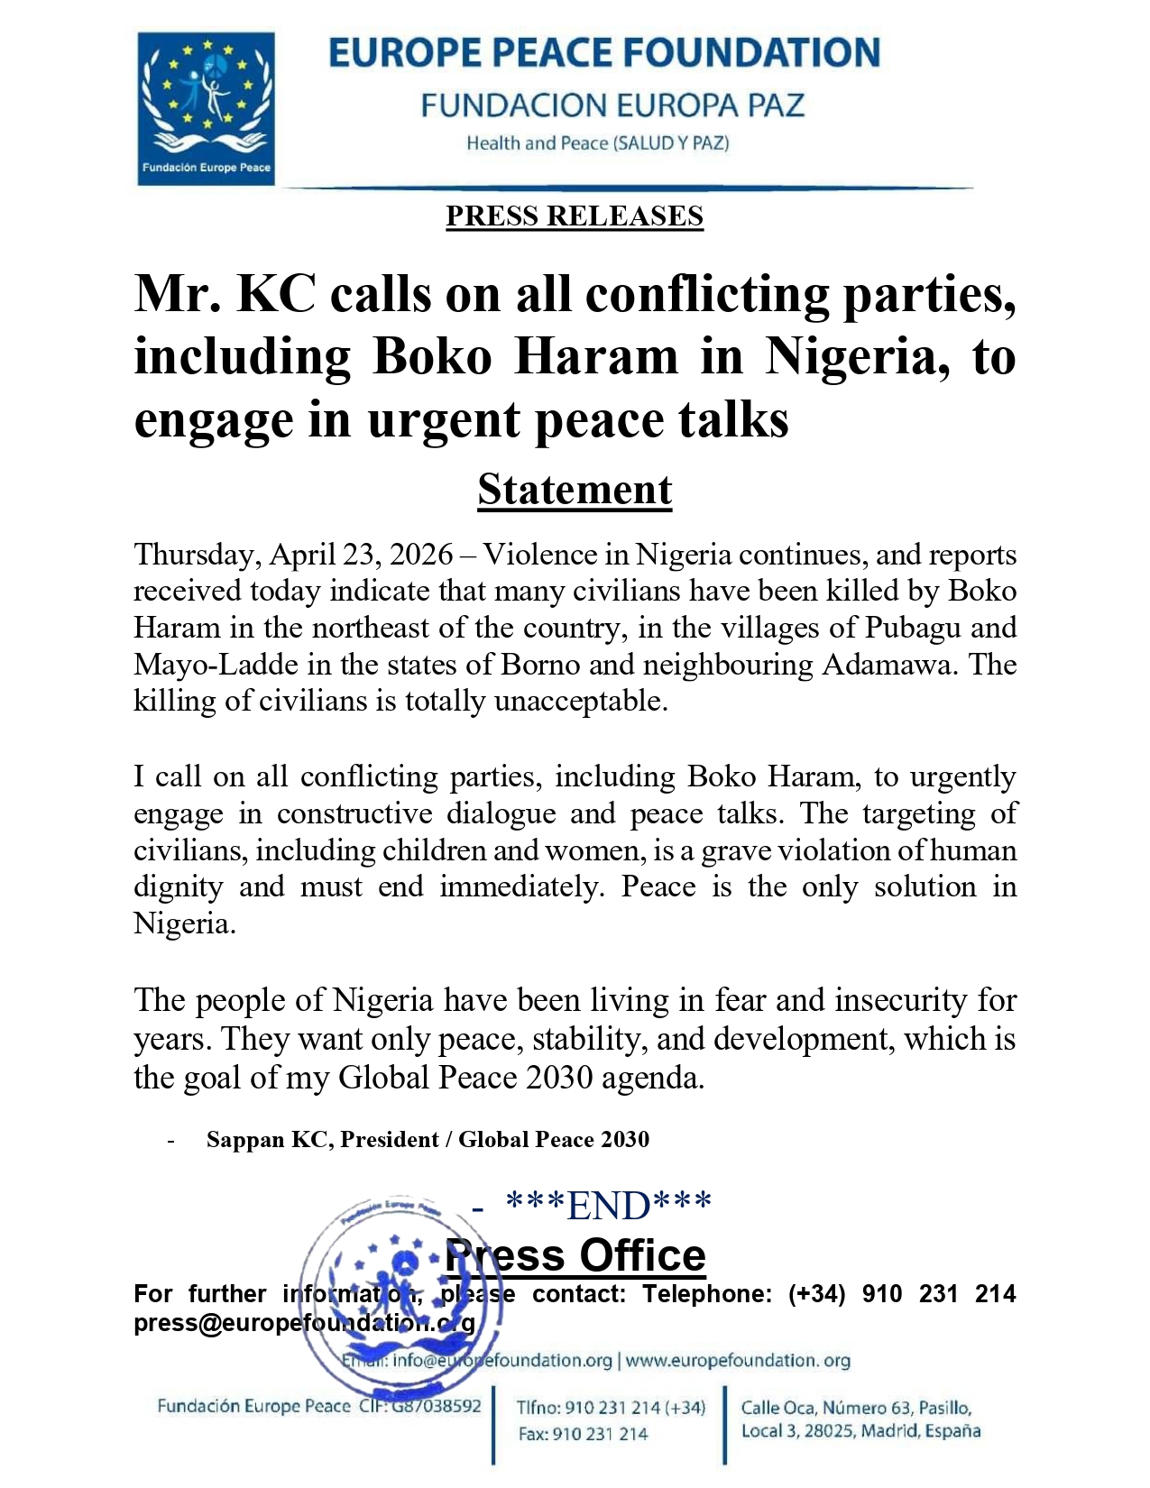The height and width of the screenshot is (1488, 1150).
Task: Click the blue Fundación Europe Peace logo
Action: [x=206, y=108]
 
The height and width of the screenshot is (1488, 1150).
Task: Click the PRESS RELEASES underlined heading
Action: [x=574, y=216]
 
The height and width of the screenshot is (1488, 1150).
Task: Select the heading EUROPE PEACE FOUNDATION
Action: [x=603, y=54]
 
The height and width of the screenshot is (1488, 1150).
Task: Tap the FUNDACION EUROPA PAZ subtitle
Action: [x=612, y=106]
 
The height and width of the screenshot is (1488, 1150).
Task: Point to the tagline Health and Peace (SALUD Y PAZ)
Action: [x=597, y=143]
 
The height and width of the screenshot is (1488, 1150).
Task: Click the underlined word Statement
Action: [x=575, y=490]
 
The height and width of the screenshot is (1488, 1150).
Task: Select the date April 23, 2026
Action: [x=361, y=555]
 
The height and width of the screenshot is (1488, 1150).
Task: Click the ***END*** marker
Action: [x=610, y=1205]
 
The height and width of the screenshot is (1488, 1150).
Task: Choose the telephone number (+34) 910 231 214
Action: [x=902, y=1294]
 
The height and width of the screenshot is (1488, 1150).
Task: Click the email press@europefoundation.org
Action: [x=304, y=1323]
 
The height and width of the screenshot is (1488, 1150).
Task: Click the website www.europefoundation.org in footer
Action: [x=738, y=1360]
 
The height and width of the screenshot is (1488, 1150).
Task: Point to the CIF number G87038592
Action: [x=436, y=1406]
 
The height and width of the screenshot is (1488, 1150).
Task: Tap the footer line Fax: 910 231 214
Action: [x=583, y=1434]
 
